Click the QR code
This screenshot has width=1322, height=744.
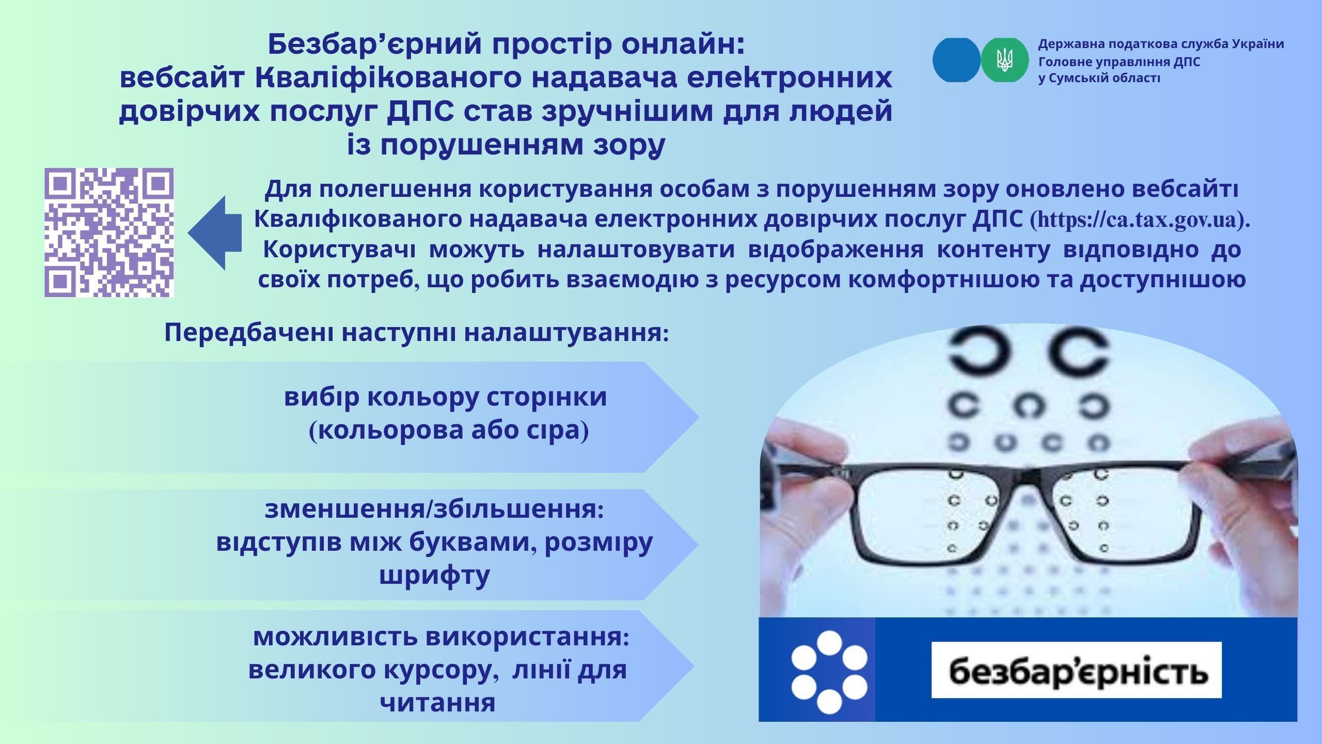point(109,233)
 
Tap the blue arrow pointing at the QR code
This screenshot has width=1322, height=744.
point(215,233)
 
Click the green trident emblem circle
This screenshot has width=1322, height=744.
point(1004,60)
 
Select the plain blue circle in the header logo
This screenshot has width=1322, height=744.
point(956,60)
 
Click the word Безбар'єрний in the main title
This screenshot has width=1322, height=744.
point(375,45)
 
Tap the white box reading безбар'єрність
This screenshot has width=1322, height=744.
point(1077,670)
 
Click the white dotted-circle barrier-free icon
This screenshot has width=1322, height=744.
point(829,670)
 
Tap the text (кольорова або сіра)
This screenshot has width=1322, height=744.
point(449,430)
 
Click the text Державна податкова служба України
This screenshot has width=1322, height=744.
point(1161,44)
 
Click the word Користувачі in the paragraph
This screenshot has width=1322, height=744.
point(339,250)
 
